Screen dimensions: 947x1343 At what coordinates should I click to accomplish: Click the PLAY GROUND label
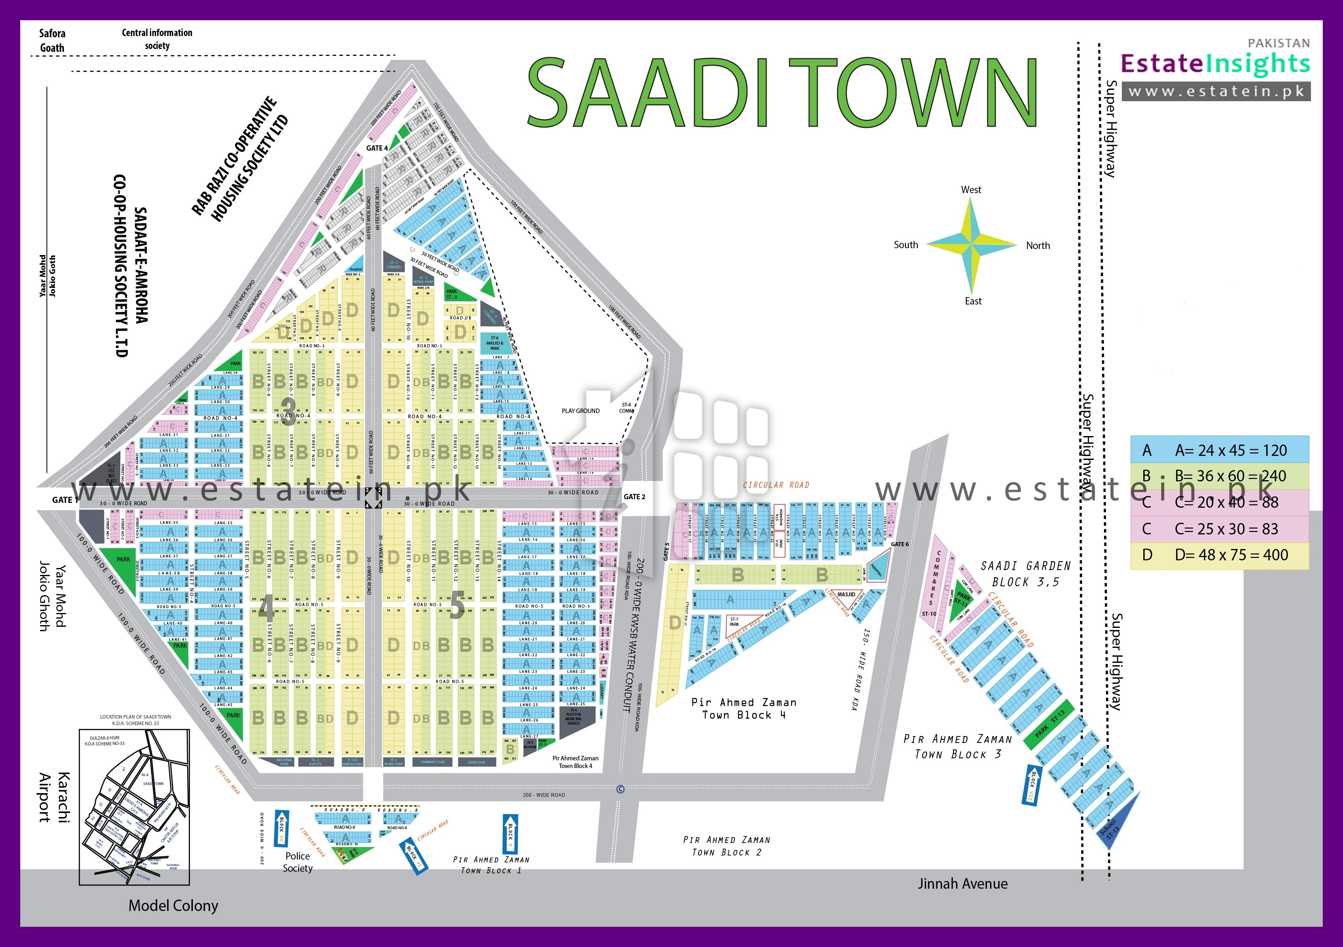point(580,411)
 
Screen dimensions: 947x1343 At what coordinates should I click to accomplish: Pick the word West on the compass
point(971,189)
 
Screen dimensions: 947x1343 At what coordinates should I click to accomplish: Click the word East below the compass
point(973,301)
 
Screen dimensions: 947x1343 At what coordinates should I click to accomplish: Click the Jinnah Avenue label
point(962,884)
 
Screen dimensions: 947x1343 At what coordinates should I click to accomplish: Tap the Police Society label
point(298,862)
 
